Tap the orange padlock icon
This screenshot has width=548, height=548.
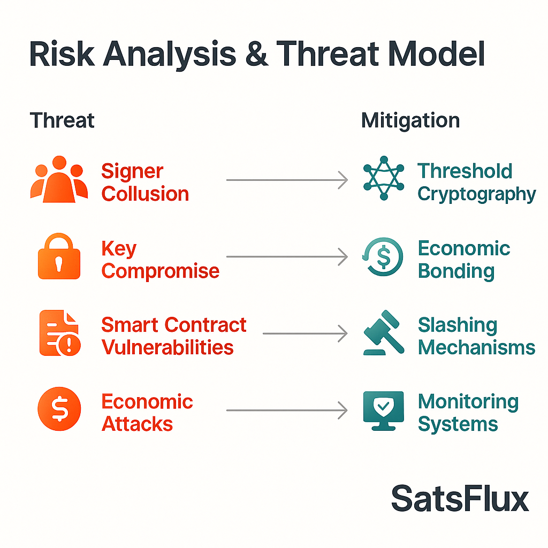point(59,256)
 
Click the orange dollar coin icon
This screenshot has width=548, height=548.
point(59,409)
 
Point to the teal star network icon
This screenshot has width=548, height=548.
point(384,178)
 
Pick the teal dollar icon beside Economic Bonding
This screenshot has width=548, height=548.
point(383,256)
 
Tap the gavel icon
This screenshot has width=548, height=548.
point(384,332)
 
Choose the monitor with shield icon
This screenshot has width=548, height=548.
point(384,410)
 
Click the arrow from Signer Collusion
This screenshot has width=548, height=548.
point(287,180)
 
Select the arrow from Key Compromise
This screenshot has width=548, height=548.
point(287,257)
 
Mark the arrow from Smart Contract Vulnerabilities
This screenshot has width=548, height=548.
point(305,333)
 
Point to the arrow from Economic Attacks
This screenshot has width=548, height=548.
point(287,410)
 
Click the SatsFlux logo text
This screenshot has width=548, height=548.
point(460,499)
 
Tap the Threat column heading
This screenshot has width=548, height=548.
point(62,120)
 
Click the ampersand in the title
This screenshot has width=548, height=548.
point(257,54)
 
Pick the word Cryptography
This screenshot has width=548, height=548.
point(477,194)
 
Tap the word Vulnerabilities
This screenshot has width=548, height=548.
point(168,347)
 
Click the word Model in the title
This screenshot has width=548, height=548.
point(437,54)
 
